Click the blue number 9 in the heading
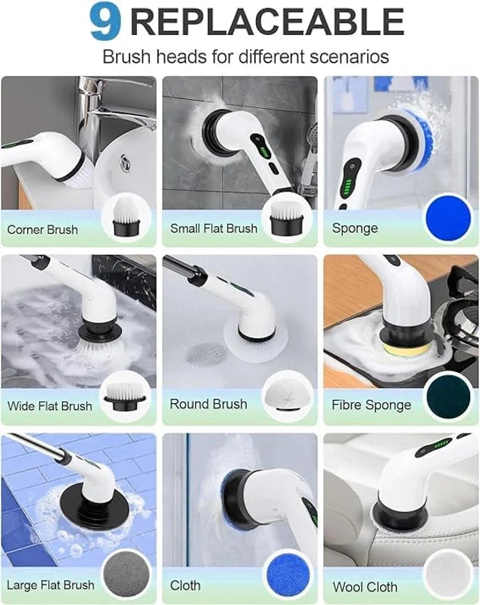pyautogui.click(x=105, y=23)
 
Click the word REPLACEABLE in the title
pyautogui.click(x=266, y=23)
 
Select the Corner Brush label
pyautogui.click(x=42, y=229)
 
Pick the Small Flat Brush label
pyautogui.click(x=214, y=228)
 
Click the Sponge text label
pyautogui.click(x=354, y=228)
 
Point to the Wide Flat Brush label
pyautogui.click(x=49, y=406)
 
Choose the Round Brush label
pyautogui.click(x=208, y=404)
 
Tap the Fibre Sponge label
pyautogui.click(x=371, y=405)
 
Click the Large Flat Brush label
pyautogui.click(x=51, y=585)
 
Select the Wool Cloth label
pyautogui.click(x=365, y=587)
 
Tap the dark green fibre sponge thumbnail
pyautogui.click(x=447, y=396)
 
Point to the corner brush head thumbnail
pyautogui.click(x=125, y=216)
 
